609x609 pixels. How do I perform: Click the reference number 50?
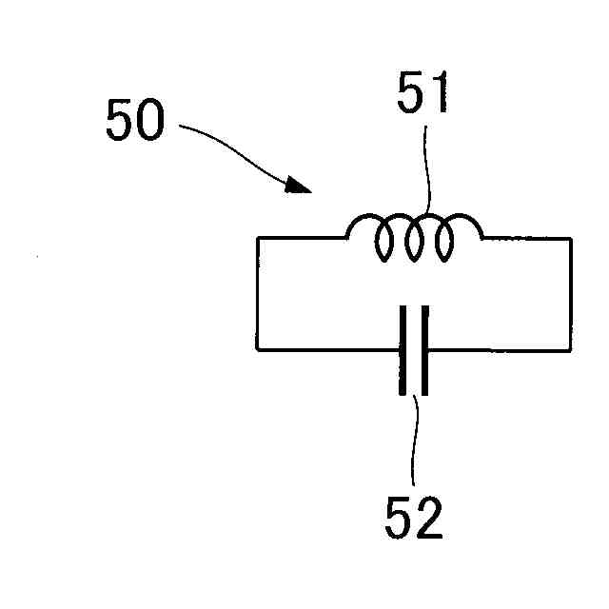coord(135,122)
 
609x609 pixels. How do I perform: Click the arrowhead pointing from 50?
coord(299,184)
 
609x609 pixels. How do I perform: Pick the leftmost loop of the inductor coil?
coord(383,242)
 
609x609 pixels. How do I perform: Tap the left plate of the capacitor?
coord(403,349)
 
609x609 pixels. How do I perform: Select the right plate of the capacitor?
coord(424,349)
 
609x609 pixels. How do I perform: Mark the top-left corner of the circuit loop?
coord(257,239)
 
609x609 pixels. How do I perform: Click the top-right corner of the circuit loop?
coord(571,239)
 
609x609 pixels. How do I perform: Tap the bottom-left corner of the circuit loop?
coord(257,349)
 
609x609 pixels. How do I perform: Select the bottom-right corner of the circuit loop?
coord(571,349)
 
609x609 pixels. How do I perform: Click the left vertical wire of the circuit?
coord(257,294)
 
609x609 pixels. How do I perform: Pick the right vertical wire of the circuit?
coord(571,294)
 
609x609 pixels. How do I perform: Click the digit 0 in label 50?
coord(150,122)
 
